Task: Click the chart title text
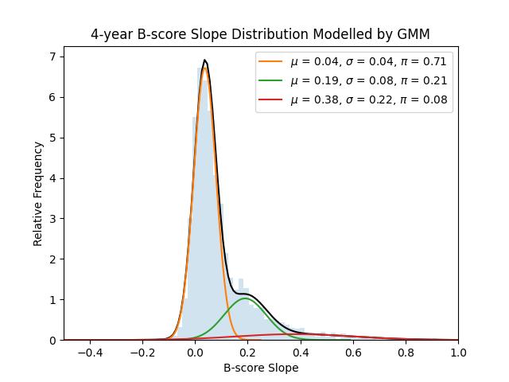click(x=260, y=34)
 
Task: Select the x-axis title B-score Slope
click(x=260, y=368)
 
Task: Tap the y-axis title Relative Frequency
click(x=38, y=193)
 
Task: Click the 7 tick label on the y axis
click(x=52, y=57)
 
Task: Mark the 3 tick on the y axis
click(x=52, y=219)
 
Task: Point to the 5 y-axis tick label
click(x=52, y=138)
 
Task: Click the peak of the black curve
click(x=204, y=60)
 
